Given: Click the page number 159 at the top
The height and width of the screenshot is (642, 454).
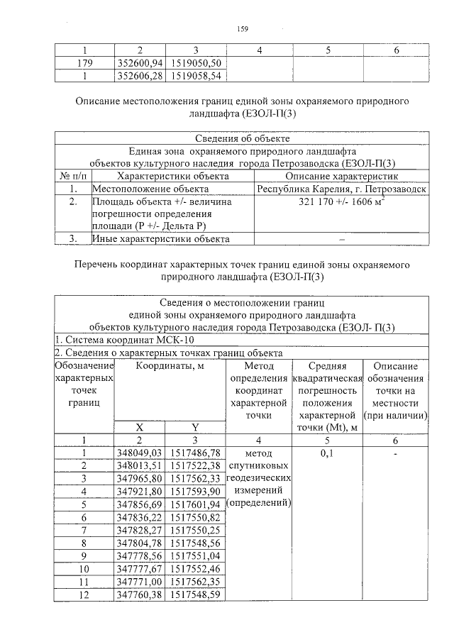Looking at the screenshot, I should [x=242, y=29].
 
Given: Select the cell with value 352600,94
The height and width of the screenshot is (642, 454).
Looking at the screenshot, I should [x=140, y=62].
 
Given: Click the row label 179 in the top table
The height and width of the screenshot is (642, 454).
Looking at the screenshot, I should [x=84, y=62].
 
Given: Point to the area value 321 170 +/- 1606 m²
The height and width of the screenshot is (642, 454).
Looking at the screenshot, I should [x=341, y=202].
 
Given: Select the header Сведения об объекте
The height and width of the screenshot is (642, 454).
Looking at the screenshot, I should [x=242, y=138].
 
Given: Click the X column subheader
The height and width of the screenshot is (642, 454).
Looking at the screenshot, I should [x=139, y=427].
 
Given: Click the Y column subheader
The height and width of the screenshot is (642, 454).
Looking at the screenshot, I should [x=194, y=427].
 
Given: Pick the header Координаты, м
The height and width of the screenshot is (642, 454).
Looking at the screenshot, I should [x=167, y=365].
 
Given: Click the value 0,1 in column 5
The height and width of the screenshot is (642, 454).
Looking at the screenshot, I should [x=327, y=452].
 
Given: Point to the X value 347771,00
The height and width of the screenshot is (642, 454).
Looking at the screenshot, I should [x=139, y=582].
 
